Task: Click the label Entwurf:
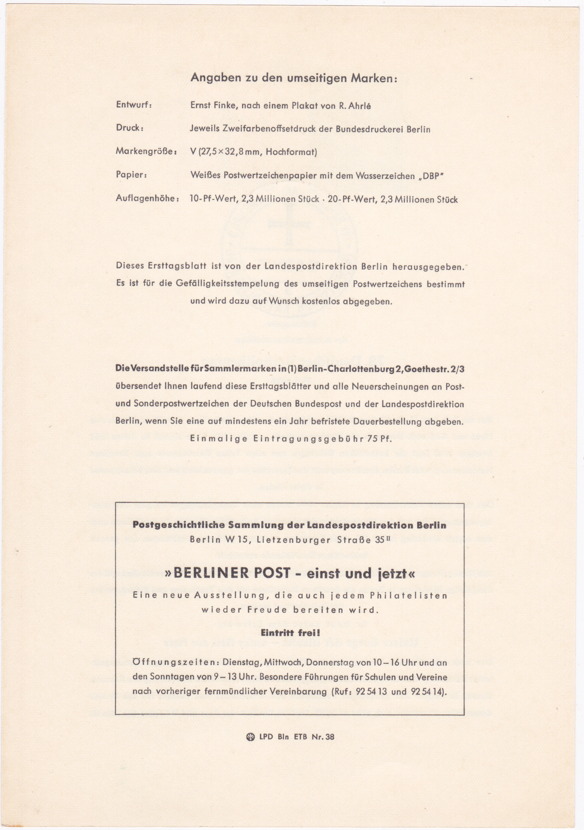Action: pos(134,105)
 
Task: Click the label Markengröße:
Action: pos(146,151)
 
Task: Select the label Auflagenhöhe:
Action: pos(147,199)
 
